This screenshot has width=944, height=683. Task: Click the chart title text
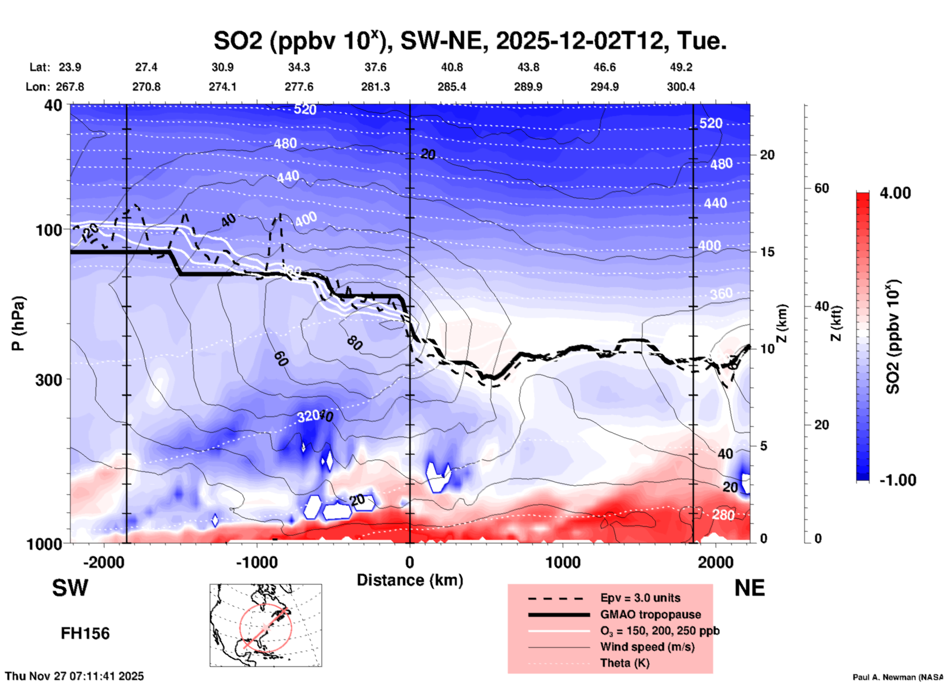pyautogui.click(x=470, y=41)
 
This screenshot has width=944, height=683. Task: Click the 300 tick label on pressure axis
pyautogui.click(x=49, y=380)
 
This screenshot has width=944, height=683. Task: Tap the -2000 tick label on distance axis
pyautogui.click(x=103, y=562)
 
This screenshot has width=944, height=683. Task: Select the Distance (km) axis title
pyautogui.click(x=410, y=580)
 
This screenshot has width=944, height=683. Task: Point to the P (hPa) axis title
pyautogui.click(x=18, y=323)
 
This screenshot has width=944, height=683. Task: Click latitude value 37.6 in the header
pyautogui.click(x=375, y=67)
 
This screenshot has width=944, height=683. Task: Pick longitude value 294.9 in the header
pyautogui.click(x=604, y=87)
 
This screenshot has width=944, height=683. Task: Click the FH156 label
pyautogui.click(x=85, y=634)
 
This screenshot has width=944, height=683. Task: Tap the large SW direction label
pyautogui.click(x=70, y=588)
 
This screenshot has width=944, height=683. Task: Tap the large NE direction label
pyautogui.click(x=749, y=588)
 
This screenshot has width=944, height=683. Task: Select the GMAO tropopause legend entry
pyautogui.click(x=650, y=614)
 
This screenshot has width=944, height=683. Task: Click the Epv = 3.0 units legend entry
pyautogui.click(x=640, y=598)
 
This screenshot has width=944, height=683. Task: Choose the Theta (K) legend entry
pyautogui.click(x=624, y=663)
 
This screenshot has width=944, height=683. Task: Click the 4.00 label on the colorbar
pyautogui.click(x=895, y=193)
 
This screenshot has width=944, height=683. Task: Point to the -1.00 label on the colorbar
pyautogui.click(x=897, y=480)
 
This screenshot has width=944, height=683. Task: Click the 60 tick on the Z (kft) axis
pyautogui.click(x=821, y=188)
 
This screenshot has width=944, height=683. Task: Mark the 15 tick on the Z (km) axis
pyautogui.click(x=767, y=252)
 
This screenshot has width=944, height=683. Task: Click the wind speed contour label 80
pyautogui.click(x=354, y=342)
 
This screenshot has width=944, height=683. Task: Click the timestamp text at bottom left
pyautogui.click(x=75, y=676)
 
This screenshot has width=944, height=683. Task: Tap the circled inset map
pyautogui.click(x=266, y=625)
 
